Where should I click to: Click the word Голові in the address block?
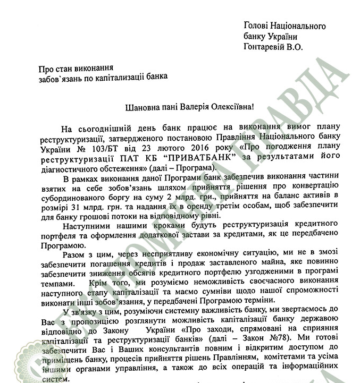click(258, 25)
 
